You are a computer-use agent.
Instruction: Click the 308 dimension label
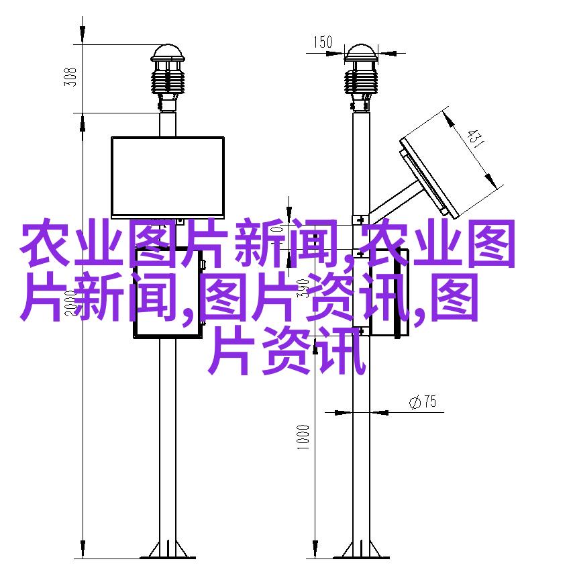click(70, 77)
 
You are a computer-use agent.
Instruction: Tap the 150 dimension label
click(323, 42)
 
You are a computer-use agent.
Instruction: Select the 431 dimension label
click(475, 138)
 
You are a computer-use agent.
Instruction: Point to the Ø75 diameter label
click(423, 401)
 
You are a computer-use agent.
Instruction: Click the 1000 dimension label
click(303, 437)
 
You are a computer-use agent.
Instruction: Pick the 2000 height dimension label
click(70, 303)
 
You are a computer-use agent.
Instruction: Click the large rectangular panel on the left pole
click(168, 177)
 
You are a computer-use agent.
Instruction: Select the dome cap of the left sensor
click(168, 53)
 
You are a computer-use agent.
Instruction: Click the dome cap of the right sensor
click(361, 53)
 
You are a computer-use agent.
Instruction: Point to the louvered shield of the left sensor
click(168, 82)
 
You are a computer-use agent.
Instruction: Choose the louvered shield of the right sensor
click(361, 82)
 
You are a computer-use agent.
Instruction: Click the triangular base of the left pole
click(168, 550)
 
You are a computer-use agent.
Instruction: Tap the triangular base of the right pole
click(361, 550)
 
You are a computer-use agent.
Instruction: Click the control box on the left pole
click(168, 292)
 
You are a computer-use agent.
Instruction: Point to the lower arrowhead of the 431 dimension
click(490, 179)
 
